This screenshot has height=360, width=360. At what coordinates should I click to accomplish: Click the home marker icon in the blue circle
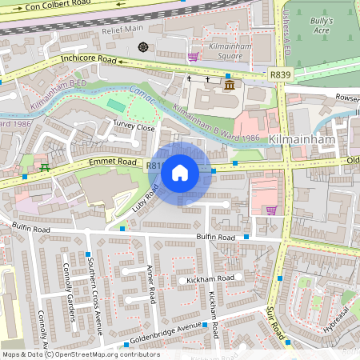pos(180,171)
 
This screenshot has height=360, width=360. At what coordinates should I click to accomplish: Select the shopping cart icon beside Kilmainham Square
pos(193,57)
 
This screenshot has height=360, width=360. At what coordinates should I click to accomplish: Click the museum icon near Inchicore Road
pos(230,84)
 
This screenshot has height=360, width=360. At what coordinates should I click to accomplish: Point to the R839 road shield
pos(280,74)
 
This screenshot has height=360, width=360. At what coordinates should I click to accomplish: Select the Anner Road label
pos(150,284)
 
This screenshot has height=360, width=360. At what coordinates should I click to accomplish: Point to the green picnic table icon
pos(45,168)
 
